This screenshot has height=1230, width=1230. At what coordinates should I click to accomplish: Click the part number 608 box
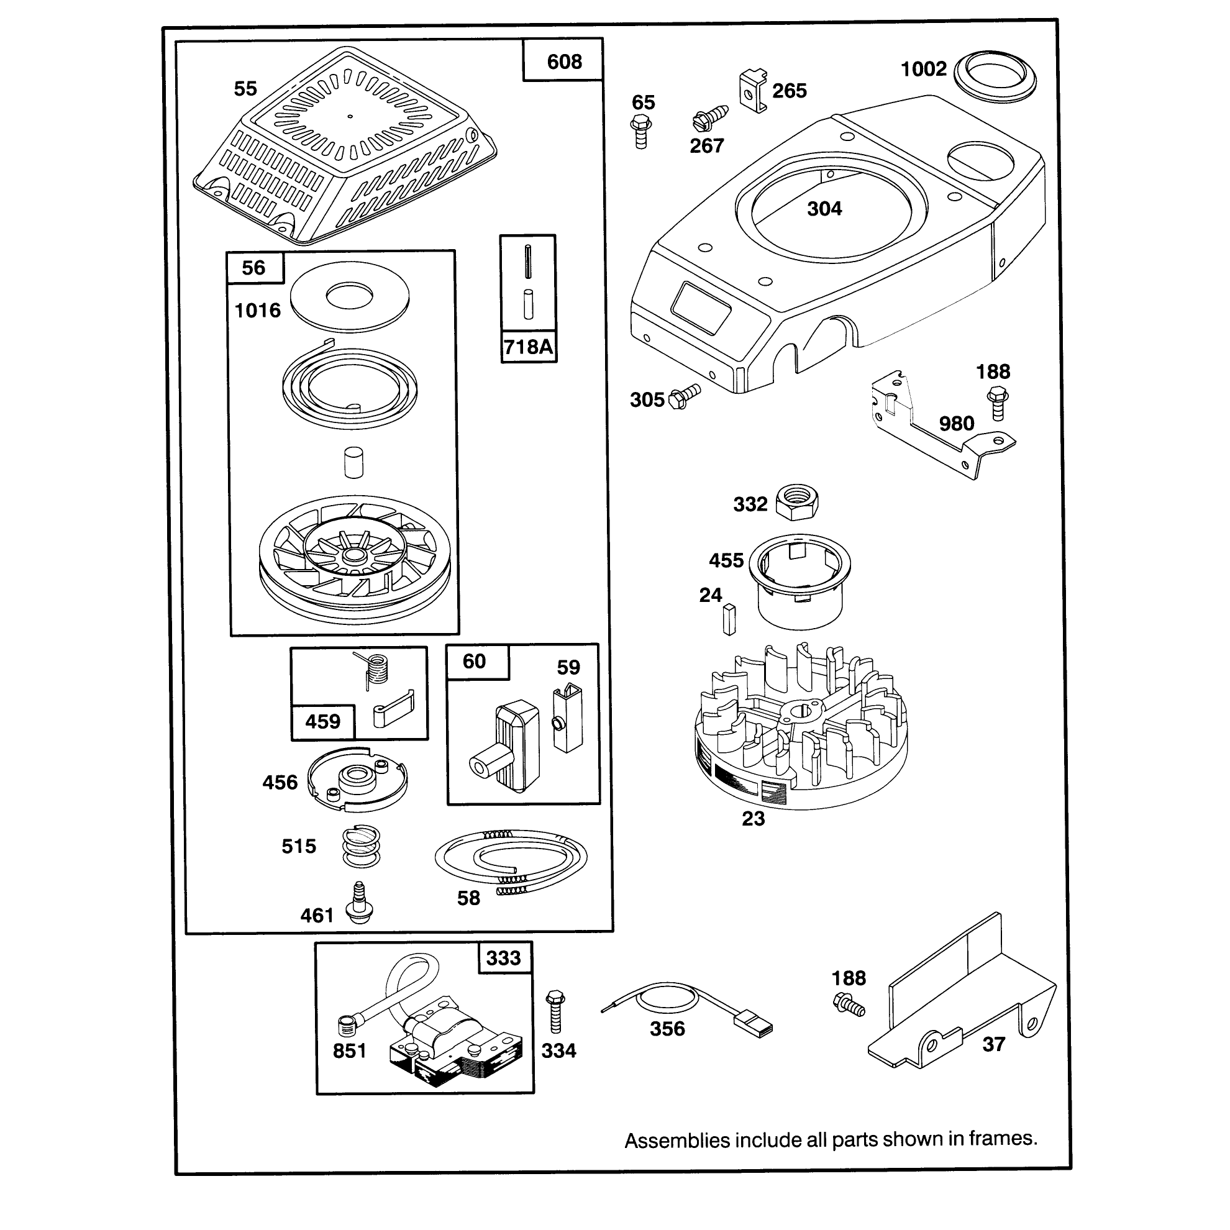[563, 60]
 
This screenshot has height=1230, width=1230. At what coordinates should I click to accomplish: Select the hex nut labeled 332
[797, 501]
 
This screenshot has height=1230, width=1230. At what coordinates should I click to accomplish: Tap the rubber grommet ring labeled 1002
[995, 76]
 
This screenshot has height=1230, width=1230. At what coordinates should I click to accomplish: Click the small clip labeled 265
[753, 92]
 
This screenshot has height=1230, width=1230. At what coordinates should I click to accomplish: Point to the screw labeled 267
[710, 118]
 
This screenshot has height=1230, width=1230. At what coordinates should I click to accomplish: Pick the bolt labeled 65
[641, 131]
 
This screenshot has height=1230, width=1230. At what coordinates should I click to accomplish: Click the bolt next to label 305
[685, 395]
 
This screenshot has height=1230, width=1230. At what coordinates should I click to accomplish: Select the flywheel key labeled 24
[729, 619]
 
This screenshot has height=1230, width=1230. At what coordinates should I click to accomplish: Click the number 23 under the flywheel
[753, 818]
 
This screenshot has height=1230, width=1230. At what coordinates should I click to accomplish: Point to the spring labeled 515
[361, 846]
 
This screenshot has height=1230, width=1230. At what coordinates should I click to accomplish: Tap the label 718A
[529, 347]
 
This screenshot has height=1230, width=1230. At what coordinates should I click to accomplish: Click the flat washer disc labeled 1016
[350, 297]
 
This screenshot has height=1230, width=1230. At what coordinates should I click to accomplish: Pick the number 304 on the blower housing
[824, 208]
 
